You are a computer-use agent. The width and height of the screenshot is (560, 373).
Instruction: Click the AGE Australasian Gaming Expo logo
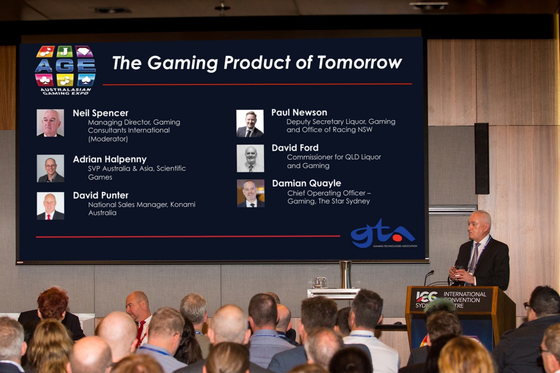pyautogui.click(x=65, y=70)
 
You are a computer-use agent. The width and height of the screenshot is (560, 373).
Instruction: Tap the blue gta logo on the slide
pyautogui.click(x=383, y=234)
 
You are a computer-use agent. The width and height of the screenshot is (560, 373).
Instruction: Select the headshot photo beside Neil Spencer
pyautogui.click(x=50, y=123)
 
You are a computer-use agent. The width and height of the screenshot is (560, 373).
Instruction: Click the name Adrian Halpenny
pyautogui.click(x=110, y=159)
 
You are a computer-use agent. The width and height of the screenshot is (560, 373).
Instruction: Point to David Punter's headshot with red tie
pyautogui.click(x=50, y=206)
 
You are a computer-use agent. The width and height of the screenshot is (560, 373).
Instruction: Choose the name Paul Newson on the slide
pyautogui.click(x=299, y=112)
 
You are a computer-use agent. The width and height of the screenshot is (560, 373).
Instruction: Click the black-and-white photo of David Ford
pyautogui.click(x=250, y=159)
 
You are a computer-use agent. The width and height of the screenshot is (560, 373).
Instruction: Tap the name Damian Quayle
pyautogui.click(x=307, y=183)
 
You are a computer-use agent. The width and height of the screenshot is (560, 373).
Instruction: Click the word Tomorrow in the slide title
pyautogui.click(x=360, y=62)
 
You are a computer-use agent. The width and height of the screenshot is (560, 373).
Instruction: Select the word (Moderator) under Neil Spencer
pyautogui.click(x=108, y=139)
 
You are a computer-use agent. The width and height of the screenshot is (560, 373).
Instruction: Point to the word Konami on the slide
pyautogui.click(x=183, y=204)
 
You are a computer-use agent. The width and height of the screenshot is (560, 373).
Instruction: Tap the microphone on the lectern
pyautogui.click(x=428, y=277)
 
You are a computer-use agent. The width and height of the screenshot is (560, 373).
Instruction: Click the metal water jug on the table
pyautogui.click(x=346, y=275)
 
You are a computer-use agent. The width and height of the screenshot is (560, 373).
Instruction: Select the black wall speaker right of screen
pyautogui.click(x=482, y=159)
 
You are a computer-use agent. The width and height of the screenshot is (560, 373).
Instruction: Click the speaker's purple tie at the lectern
pyautogui.click(x=474, y=257)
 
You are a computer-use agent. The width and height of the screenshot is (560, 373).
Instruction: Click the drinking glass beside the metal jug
pyautogui.click(x=319, y=283)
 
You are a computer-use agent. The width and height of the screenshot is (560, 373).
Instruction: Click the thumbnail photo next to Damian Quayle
pyautogui.click(x=251, y=193)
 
